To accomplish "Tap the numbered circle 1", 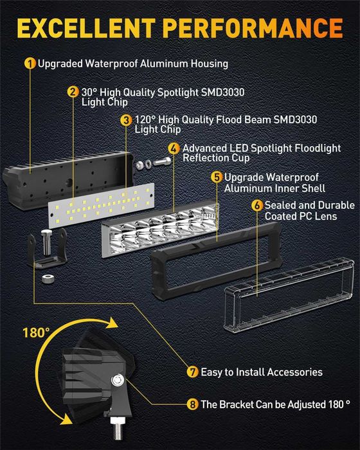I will [x=30, y=64].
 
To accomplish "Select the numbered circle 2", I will [x=73, y=91].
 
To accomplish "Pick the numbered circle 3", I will [x=126, y=120].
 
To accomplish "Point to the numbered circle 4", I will [x=174, y=148].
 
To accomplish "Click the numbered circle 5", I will [x=217, y=177].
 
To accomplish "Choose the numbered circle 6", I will [x=257, y=206].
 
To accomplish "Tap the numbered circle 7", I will [x=192, y=372].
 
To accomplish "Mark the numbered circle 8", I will [x=192, y=404].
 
